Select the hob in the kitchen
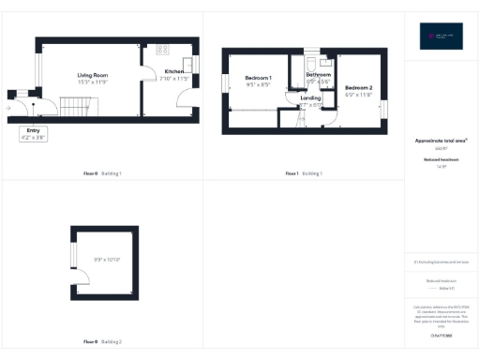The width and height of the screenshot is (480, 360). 161,50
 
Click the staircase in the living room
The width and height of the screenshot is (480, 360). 74,108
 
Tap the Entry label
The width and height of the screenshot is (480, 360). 33,132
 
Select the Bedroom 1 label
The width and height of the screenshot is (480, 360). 258,77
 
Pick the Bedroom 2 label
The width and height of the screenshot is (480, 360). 358,89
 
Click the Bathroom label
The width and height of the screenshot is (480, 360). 319,74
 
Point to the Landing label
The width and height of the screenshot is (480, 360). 310,97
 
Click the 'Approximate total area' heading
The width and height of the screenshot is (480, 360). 441,142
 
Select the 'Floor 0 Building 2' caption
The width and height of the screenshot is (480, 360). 102,341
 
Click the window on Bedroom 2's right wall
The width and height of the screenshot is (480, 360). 383,108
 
